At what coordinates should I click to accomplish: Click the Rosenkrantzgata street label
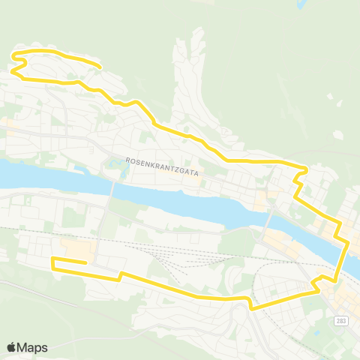[162, 160]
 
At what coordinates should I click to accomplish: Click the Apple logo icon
[12, 347]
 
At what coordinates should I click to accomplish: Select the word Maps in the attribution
[32, 347]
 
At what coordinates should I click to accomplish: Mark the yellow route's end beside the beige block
[87, 262]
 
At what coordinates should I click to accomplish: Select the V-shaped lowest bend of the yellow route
[252, 307]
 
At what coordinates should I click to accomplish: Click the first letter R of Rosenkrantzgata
[129, 160]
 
